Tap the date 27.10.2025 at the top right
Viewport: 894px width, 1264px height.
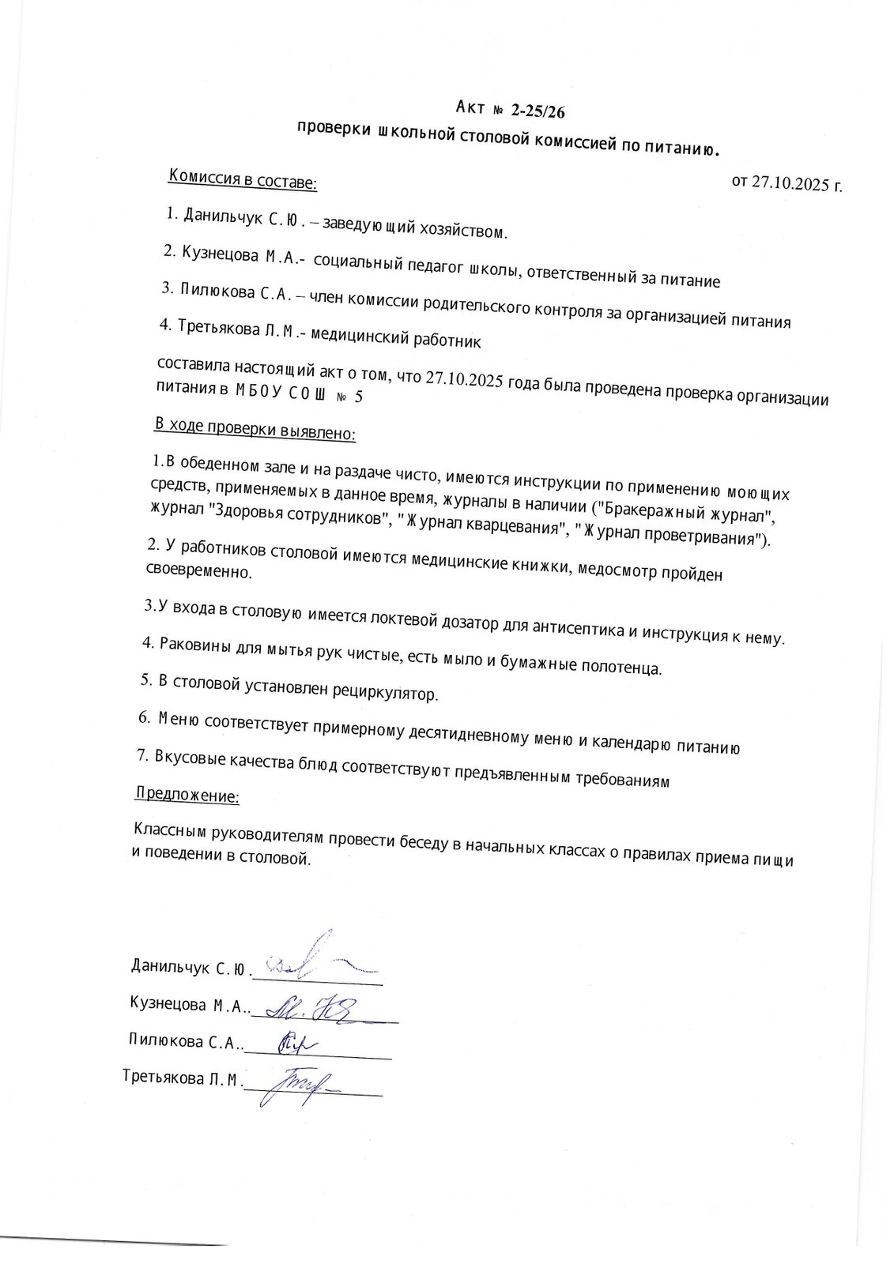point(790,183)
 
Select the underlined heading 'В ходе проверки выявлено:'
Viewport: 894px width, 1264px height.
point(255,429)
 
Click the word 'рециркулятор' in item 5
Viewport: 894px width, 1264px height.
point(387,694)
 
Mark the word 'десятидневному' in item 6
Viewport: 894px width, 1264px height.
point(468,736)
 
